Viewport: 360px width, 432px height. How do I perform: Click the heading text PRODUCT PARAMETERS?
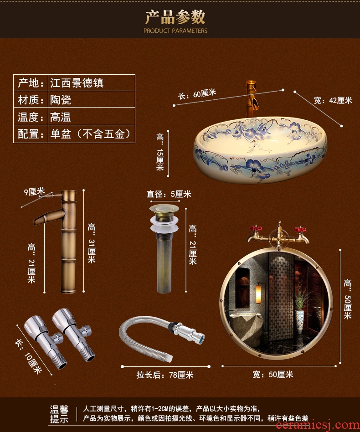pos(175,31)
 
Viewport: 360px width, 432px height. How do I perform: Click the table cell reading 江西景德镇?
pos(92,82)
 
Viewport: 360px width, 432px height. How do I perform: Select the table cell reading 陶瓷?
pos(92,99)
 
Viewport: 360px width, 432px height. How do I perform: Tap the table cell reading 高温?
pos(92,116)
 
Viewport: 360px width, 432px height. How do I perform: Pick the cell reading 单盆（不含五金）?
pos(92,134)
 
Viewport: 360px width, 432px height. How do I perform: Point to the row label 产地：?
pos(31,82)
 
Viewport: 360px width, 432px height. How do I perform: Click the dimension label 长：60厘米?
pos(197,94)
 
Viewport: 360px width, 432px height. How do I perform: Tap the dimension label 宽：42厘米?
pos(333,100)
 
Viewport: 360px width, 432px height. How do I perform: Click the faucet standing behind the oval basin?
pos(251,98)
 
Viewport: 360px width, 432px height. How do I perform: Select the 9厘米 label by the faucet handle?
pos(34,191)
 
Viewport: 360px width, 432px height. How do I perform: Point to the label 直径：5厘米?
pos(169,194)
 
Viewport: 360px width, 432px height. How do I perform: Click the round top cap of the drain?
pos(164,208)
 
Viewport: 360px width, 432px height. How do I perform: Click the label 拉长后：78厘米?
pos(165,375)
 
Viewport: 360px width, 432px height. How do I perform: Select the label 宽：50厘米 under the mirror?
pos(273,375)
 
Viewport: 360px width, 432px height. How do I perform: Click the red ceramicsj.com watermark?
pos(318,426)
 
